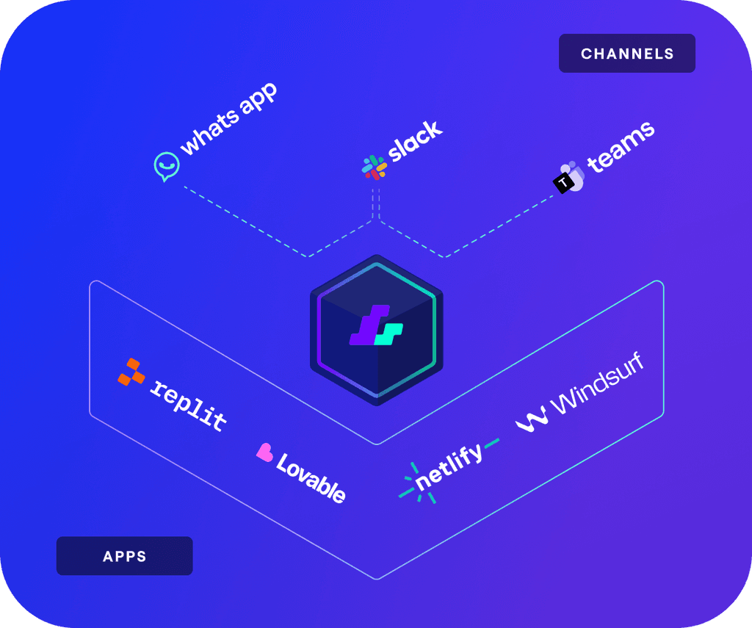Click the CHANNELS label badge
pos(626,54)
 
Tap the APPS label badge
pos(124,556)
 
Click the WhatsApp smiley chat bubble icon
pos(167,167)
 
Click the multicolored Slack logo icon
pos(375,167)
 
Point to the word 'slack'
pos(416,141)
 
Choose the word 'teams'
pos(621,146)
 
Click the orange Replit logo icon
pos(131,372)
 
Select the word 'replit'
pos(189,404)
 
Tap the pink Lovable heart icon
pos(264,452)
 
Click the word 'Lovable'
pos(311,477)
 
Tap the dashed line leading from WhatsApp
pos(246,220)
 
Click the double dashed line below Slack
pos(376,203)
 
